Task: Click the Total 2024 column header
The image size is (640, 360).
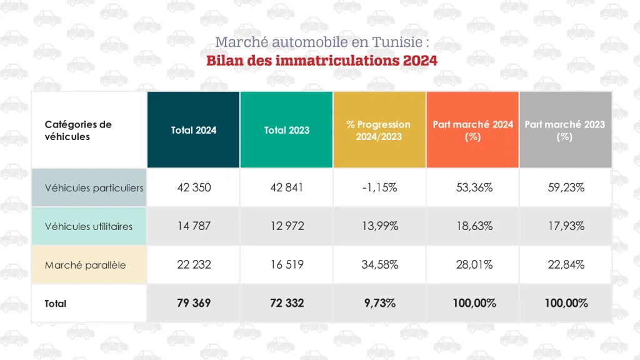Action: tap(194, 130)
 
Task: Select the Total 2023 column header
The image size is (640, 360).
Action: tap(287, 130)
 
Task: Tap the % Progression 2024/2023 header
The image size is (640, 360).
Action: tap(379, 131)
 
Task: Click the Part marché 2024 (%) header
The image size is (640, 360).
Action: tap(472, 131)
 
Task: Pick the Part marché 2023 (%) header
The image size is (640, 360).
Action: tap(565, 131)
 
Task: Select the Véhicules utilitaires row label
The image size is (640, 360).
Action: tap(89, 226)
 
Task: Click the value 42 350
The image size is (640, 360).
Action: tap(194, 187)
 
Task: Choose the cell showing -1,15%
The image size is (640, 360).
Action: tap(379, 187)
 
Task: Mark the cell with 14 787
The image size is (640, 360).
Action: tap(194, 226)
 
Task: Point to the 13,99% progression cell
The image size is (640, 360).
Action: tap(379, 226)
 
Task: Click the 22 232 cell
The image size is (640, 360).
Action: tap(194, 265)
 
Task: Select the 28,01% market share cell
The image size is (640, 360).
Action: tap(472, 265)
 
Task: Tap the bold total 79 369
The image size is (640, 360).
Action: tap(194, 303)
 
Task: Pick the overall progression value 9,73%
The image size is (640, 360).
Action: tap(379, 303)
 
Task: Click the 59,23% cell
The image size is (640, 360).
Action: tap(565, 187)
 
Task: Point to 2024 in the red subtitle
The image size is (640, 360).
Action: tap(420, 61)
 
